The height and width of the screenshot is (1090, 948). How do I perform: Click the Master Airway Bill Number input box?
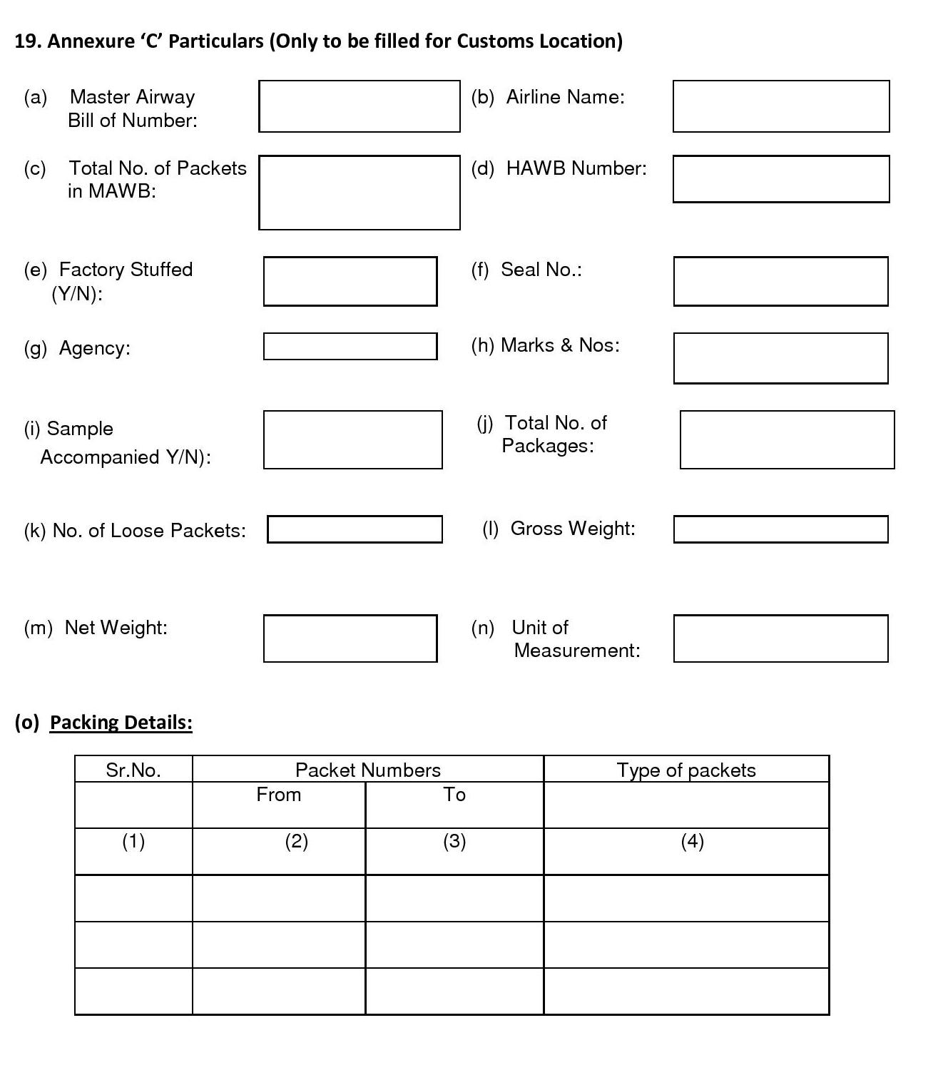(359, 106)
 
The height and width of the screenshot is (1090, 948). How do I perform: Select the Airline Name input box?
(781, 106)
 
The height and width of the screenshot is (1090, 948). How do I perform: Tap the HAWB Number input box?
(781, 179)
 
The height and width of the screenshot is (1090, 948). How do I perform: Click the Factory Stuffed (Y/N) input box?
(350, 282)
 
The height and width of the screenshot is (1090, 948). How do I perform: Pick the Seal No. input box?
(781, 282)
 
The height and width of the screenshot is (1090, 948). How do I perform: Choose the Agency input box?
(350, 347)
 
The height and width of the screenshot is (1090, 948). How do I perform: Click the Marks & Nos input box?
(781, 358)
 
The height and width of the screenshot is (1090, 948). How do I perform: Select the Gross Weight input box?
(781, 529)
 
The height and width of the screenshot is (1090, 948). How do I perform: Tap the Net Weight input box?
(350, 638)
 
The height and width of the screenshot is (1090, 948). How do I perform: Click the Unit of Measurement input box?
(781, 638)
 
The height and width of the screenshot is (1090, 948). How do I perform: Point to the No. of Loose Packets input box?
(355, 529)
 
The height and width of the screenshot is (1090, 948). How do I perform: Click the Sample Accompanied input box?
(353, 439)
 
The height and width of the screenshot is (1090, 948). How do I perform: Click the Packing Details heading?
(121, 723)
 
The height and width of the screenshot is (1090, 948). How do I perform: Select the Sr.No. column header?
(133, 770)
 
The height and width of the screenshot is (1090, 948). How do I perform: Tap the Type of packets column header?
(686, 770)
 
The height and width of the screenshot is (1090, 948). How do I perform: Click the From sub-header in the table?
(279, 795)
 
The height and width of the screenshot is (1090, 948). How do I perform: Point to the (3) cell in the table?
(454, 842)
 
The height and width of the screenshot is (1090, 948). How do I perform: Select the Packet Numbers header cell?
(368, 770)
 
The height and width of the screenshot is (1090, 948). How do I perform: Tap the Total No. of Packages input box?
(788, 439)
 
